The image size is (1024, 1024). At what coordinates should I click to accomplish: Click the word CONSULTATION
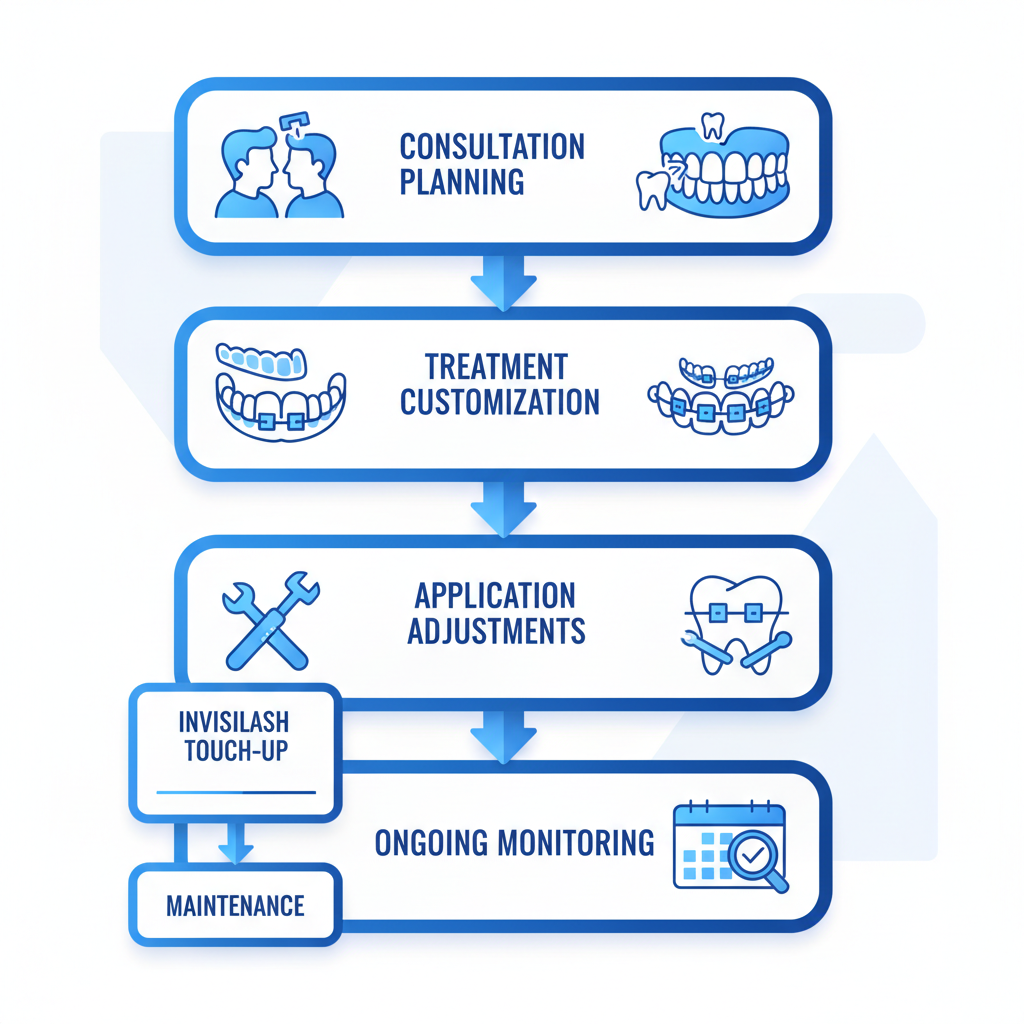pos(492,148)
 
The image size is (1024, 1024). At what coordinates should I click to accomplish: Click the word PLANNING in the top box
pos(461,183)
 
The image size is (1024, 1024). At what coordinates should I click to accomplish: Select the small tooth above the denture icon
pos(712,125)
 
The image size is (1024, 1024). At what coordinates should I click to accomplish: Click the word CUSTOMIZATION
pos(499,402)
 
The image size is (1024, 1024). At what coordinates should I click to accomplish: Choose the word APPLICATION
pos(495,596)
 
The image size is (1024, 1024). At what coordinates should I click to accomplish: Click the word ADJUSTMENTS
pos(496,632)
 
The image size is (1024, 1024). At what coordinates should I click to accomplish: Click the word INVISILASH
pos(235,722)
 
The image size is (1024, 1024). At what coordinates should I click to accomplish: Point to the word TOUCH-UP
pos(236,752)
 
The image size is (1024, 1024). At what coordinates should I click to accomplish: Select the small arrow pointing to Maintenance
pos(236,842)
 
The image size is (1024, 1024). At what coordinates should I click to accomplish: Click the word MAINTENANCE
pos(235,906)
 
